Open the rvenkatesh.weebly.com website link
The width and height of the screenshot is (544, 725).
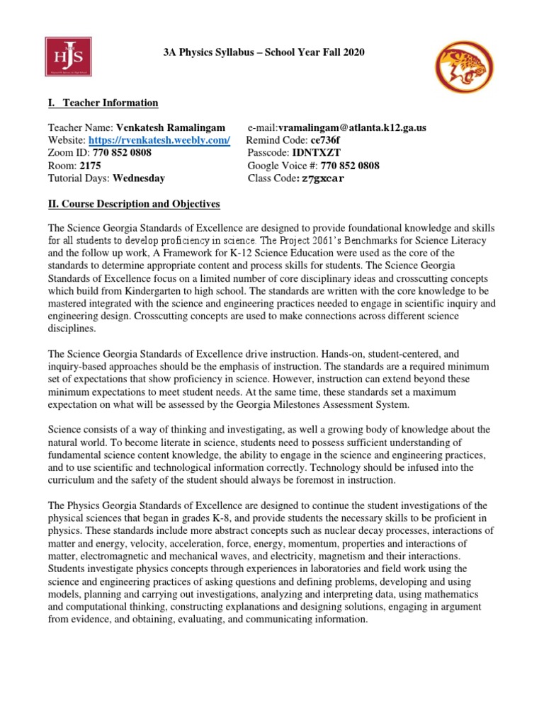[x=159, y=140]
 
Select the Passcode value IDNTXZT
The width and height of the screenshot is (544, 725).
[x=317, y=153]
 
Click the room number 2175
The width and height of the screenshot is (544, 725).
[x=91, y=166]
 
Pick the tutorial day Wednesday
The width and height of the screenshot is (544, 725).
[x=139, y=178]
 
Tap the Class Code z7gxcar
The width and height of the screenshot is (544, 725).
[x=322, y=178]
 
